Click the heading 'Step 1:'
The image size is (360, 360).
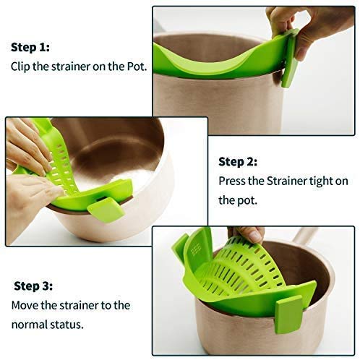tap(30, 47)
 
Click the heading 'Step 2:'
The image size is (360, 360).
tap(238, 162)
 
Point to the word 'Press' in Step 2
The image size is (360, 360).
tap(233, 180)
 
